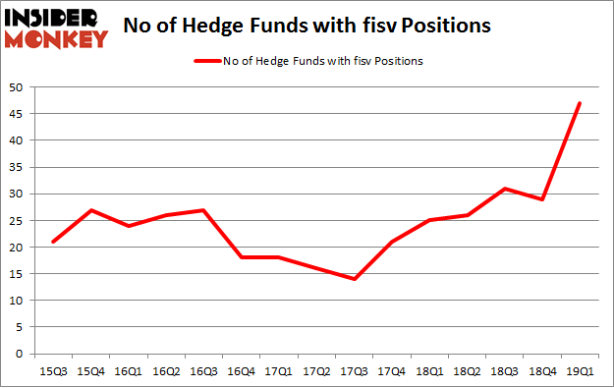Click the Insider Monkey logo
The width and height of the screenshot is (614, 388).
point(55,28)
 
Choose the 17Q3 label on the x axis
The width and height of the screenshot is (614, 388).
point(354,371)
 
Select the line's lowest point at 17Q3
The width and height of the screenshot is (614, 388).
point(354,279)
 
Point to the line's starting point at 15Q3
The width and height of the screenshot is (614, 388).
point(53,242)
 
